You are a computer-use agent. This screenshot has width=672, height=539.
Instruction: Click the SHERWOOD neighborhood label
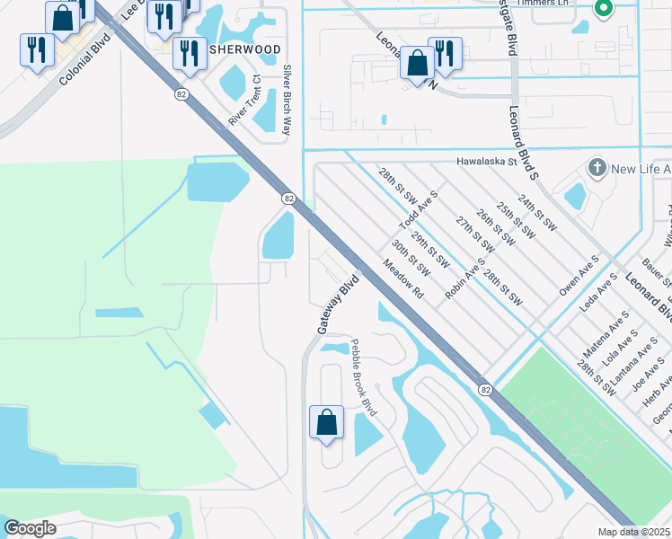tap(245, 49)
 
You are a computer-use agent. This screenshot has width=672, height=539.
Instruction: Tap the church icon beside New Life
tap(597, 169)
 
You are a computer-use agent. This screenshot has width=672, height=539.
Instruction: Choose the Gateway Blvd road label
tap(338, 305)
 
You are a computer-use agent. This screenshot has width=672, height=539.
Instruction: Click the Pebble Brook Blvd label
tap(364, 383)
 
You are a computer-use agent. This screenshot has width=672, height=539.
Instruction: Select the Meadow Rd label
tap(402, 279)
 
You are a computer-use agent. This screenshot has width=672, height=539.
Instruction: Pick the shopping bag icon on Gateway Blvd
tap(327, 421)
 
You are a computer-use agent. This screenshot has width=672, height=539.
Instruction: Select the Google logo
tap(30, 528)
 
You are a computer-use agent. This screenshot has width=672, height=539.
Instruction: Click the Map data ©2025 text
tap(634, 532)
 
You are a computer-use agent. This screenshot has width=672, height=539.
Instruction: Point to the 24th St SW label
tap(537, 215)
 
